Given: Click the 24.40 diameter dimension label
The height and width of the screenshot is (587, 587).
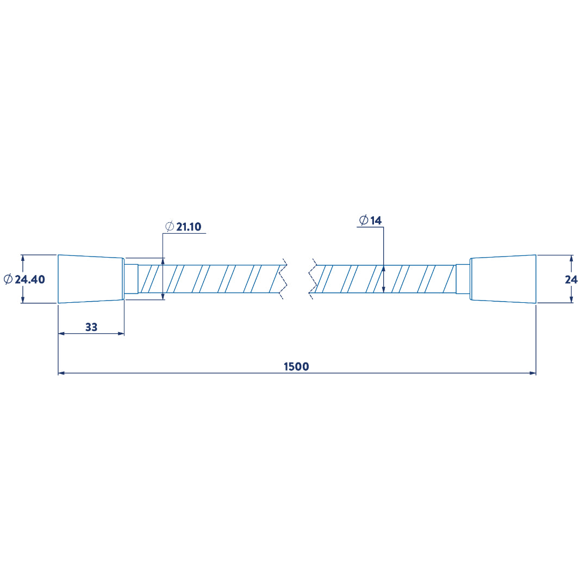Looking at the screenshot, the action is click(24, 279).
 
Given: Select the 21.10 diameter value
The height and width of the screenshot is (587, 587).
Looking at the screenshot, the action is click(189, 227).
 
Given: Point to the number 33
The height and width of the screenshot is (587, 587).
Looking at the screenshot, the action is click(91, 327).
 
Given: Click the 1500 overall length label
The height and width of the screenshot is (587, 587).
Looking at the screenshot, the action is click(297, 366).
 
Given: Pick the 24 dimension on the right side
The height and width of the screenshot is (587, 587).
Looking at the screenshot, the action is click(571, 279).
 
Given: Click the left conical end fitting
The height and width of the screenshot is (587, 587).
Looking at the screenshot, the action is click(91, 279).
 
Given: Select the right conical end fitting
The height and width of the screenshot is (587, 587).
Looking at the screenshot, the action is click(503, 279).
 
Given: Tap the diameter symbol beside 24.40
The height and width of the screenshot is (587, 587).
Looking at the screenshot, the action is click(8, 279).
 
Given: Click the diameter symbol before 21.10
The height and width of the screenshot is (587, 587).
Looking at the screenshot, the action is click(170, 227).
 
